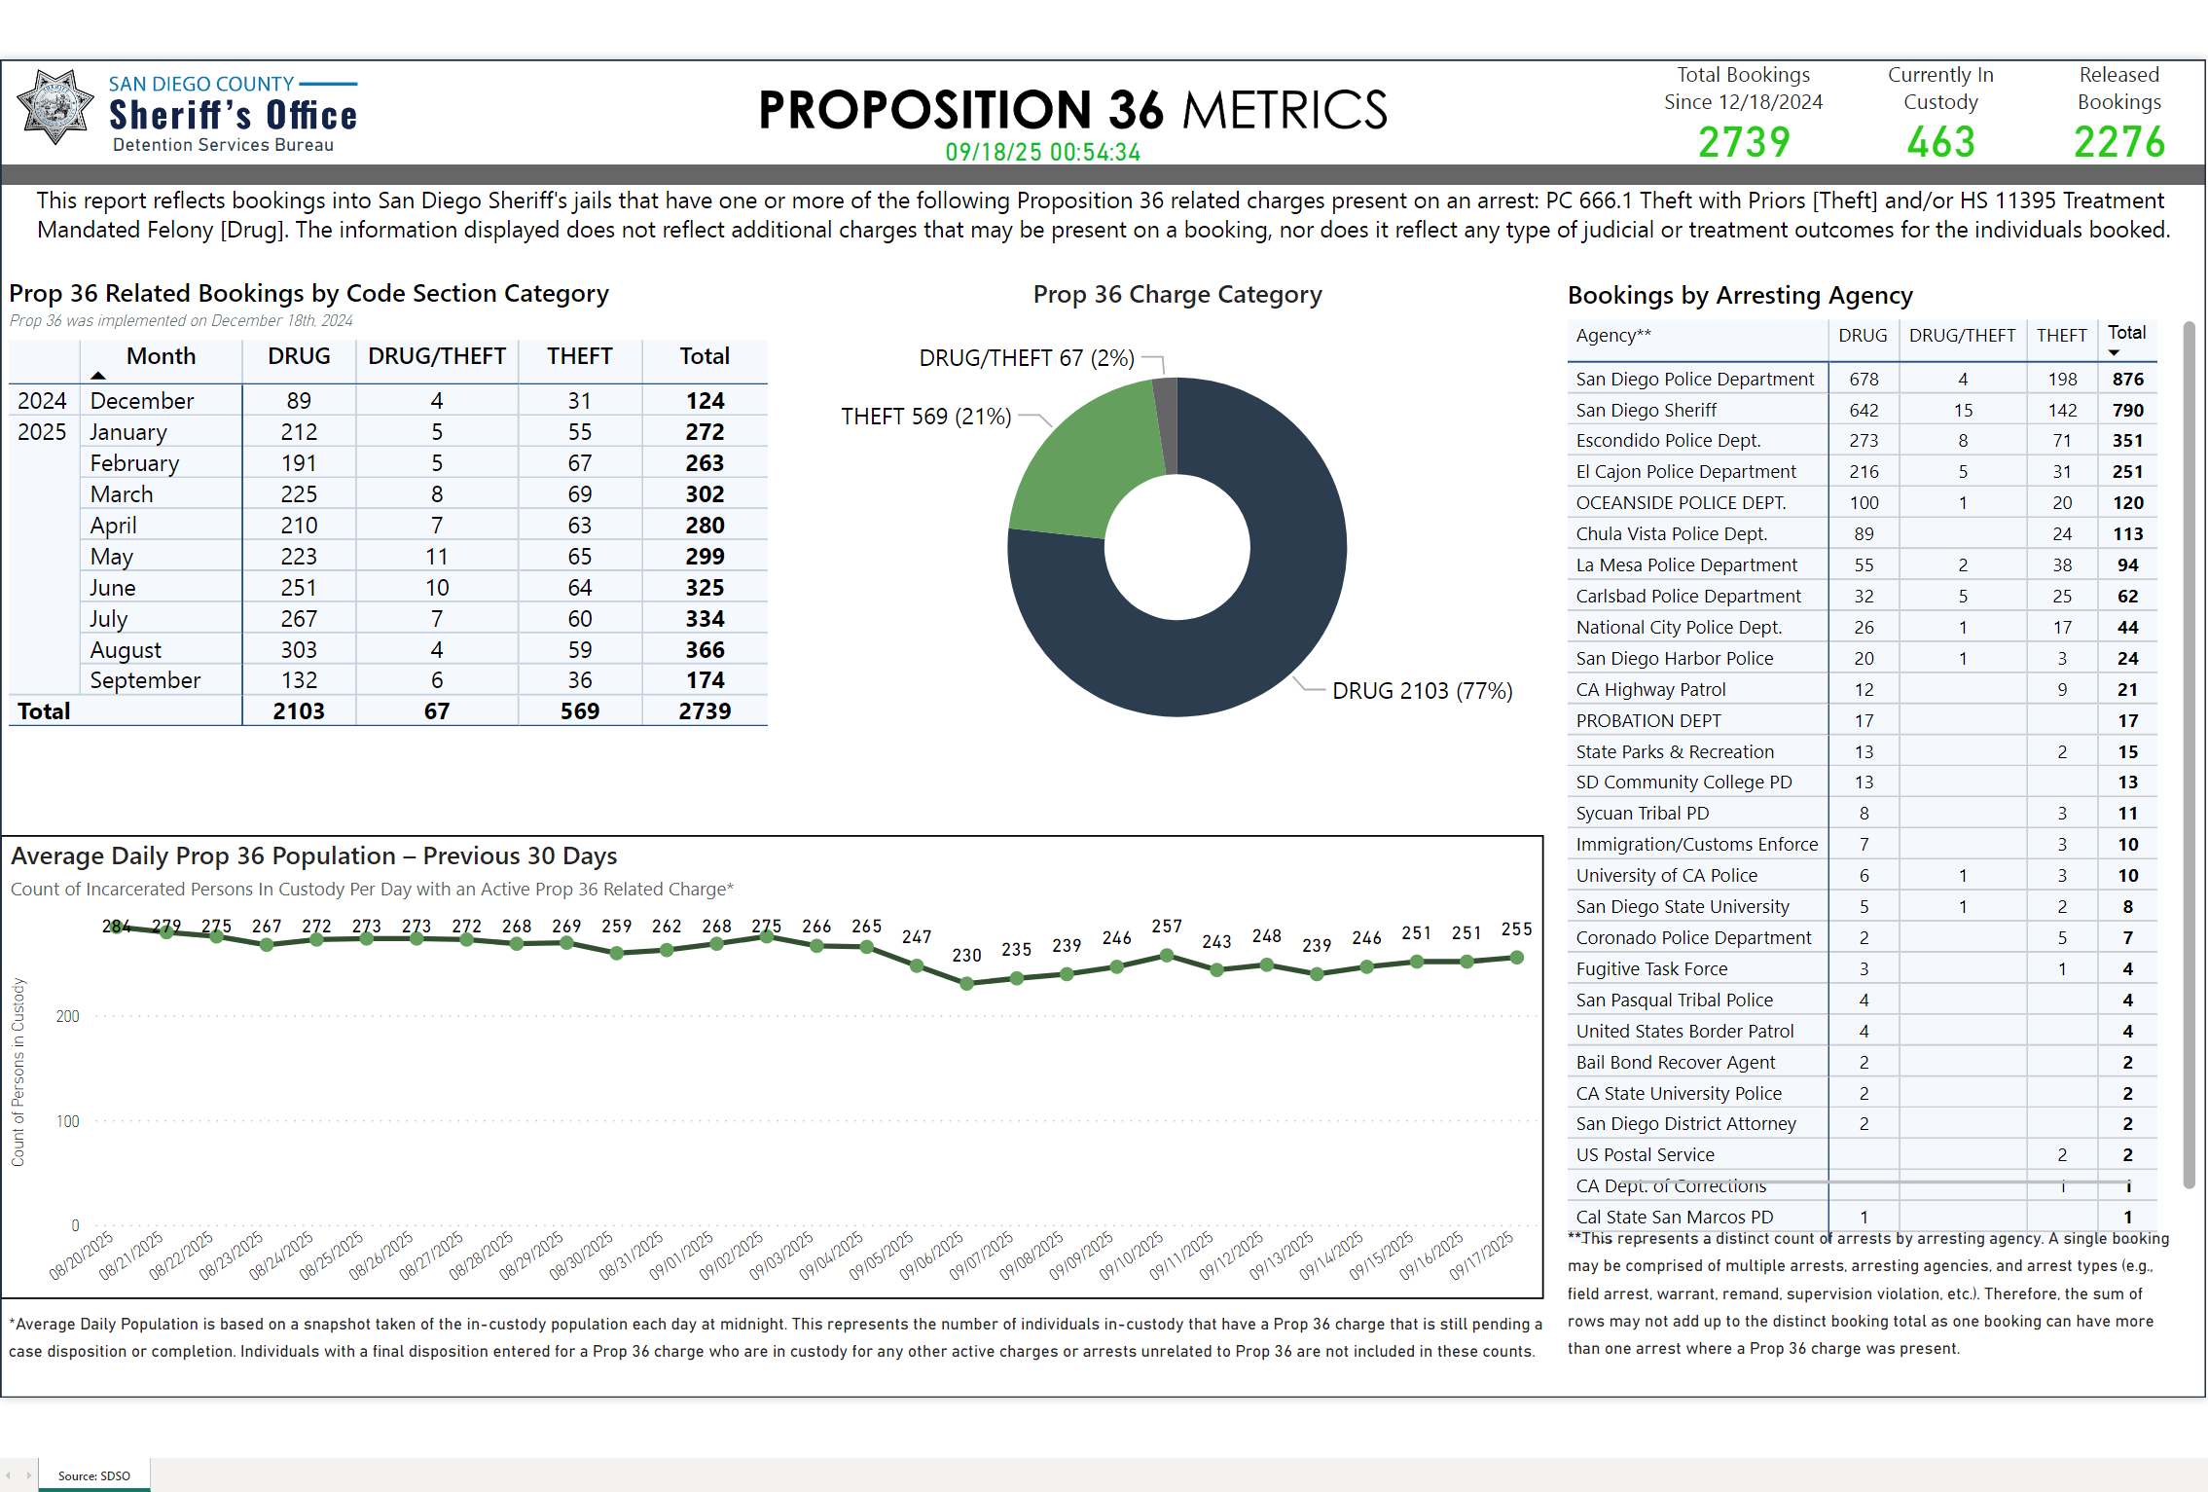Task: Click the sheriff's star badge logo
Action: coord(55,106)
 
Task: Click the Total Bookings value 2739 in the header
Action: coord(1743,143)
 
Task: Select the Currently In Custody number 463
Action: coord(1940,143)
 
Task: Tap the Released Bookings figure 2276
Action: coord(2118,143)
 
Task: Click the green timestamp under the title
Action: coord(1042,153)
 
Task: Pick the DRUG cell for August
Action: coord(299,650)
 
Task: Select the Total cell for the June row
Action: coord(705,588)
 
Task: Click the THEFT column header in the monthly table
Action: coord(579,356)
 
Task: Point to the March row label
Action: coord(122,494)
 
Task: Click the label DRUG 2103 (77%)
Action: coord(1422,691)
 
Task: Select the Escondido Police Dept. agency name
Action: coord(1668,441)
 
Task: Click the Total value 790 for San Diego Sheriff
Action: coord(2127,411)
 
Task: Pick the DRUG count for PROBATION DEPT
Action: coord(1864,721)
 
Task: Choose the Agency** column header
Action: coord(1613,336)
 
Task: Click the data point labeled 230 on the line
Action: coord(966,984)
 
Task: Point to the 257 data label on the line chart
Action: coord(1167,927)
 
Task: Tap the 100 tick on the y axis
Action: coord(68,1121)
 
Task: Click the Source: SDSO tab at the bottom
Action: coord(93,1475)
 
